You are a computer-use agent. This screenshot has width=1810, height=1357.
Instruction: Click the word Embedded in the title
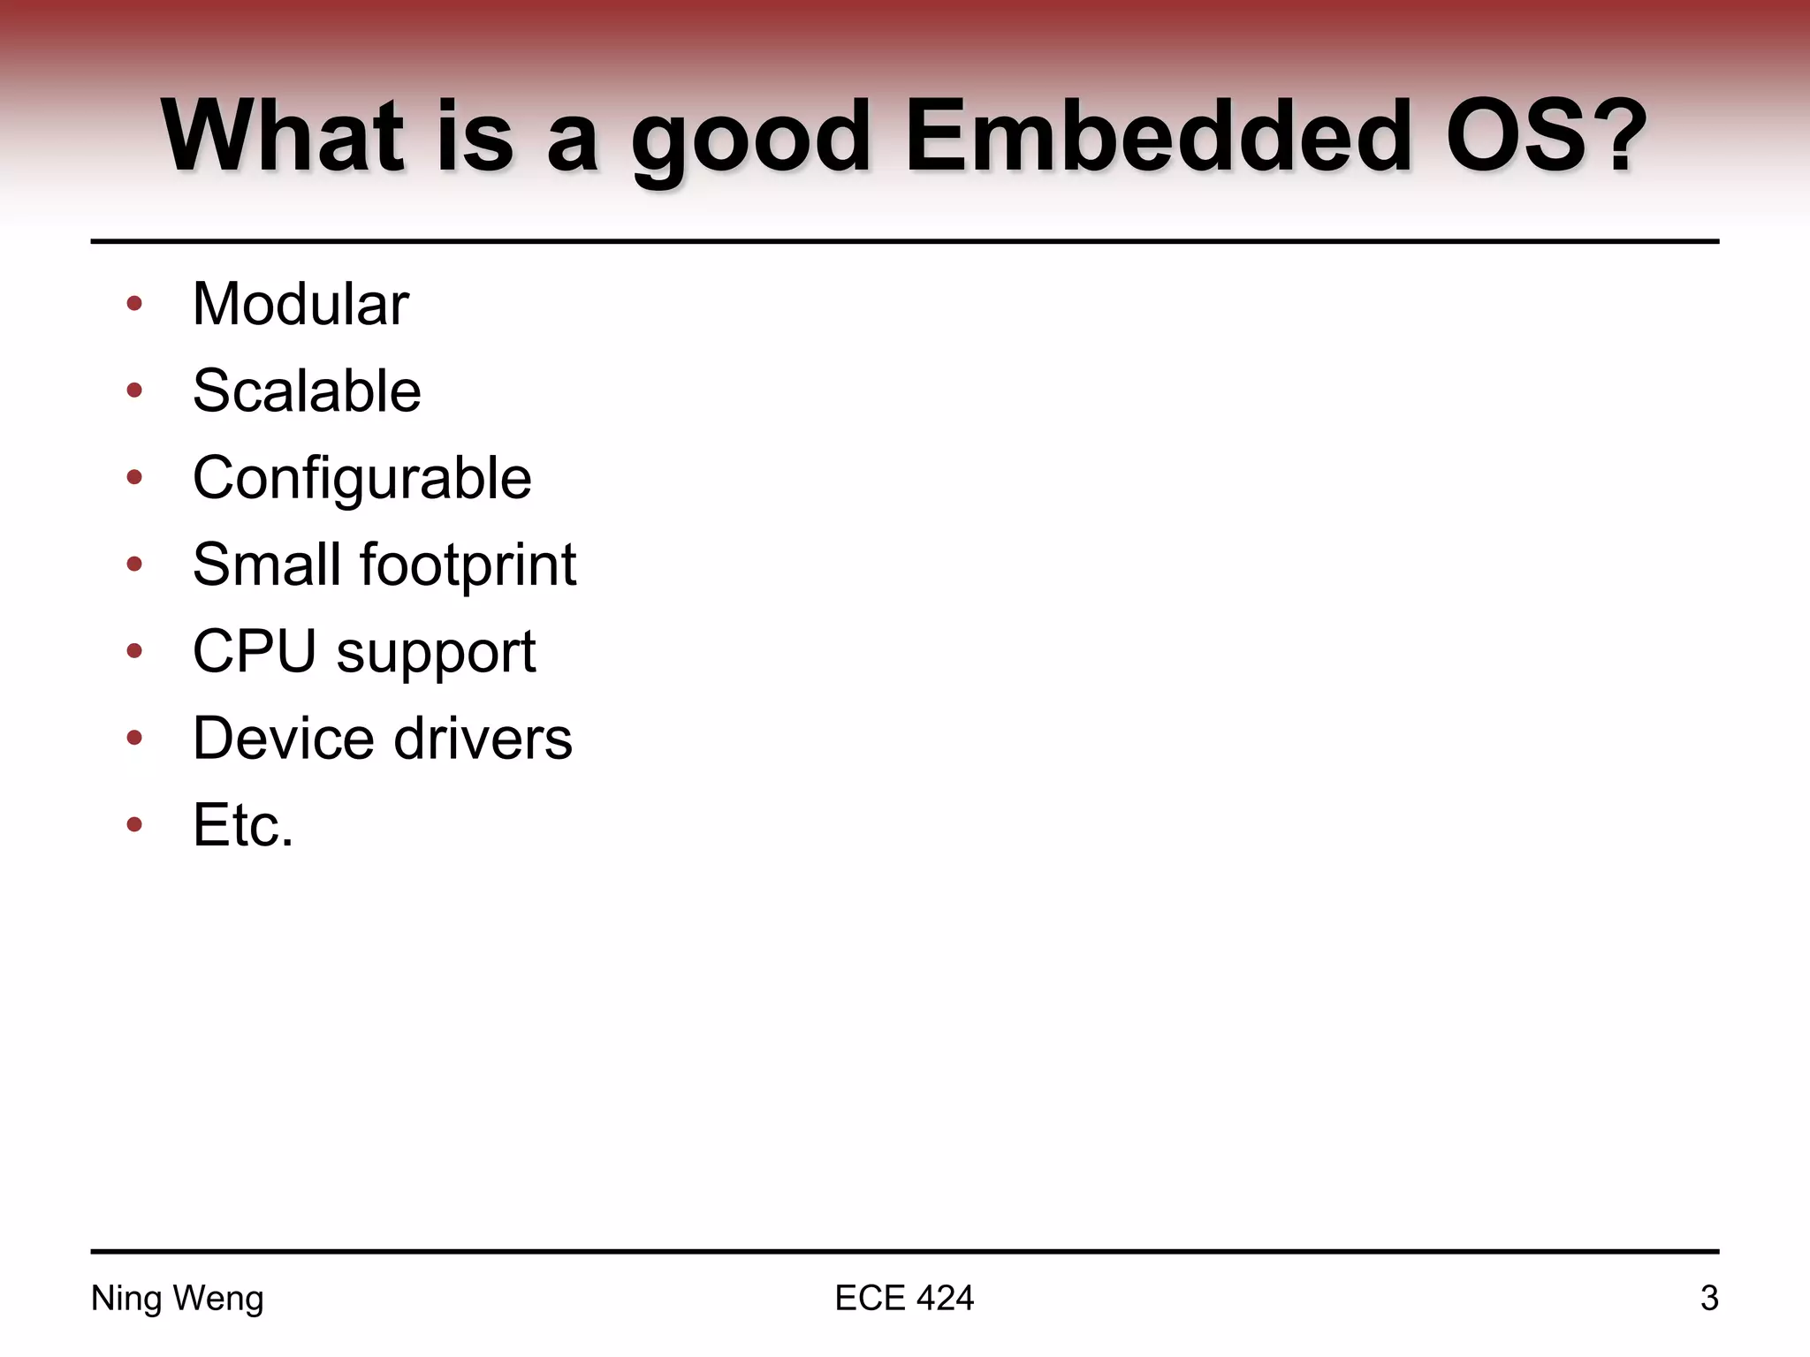1158,137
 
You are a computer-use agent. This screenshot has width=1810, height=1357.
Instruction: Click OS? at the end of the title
1545,137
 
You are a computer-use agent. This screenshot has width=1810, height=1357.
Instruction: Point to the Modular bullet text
300,304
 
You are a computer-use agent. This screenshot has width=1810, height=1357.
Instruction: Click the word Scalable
307,390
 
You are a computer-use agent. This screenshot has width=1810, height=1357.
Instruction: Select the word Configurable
361,479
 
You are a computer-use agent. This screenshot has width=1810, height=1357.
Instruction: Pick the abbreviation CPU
254,651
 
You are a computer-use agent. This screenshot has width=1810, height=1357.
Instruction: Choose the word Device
283,738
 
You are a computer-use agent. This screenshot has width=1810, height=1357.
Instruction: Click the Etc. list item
242,825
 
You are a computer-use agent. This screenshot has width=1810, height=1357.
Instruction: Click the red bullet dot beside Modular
134,304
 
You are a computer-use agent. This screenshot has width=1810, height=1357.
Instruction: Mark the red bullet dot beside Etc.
134,825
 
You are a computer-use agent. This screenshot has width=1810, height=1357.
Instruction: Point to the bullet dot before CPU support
134,652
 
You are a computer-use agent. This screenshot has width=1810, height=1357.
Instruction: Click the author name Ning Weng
178,1298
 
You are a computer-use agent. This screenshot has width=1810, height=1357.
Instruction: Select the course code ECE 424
903,1298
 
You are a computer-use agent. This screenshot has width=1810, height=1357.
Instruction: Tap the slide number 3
1708,1298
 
